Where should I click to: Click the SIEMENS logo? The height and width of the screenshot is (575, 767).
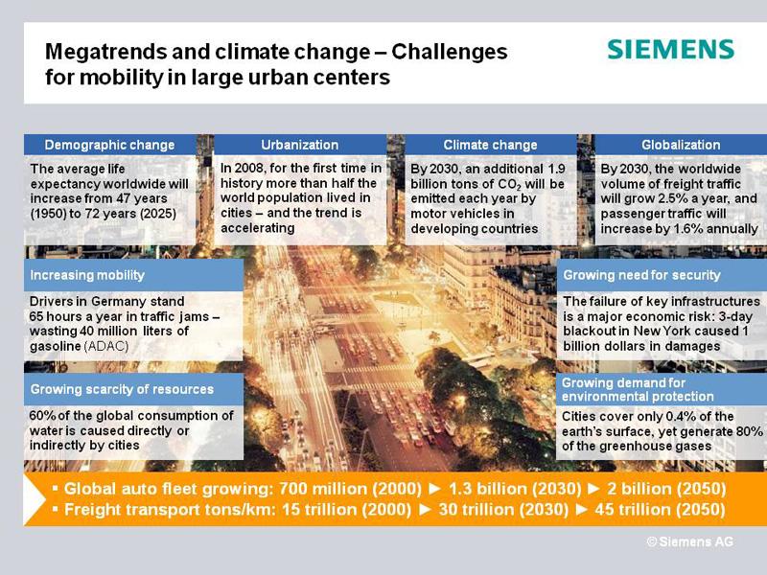coord(670,50)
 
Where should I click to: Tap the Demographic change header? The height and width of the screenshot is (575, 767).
coord(109,145)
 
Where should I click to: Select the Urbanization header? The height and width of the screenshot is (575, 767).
coord(300,145)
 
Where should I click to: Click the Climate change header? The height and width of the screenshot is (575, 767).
coord(490,145)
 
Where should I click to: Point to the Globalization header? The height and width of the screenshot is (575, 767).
coord(681,145)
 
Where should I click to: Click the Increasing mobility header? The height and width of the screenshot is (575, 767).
coord(87,275)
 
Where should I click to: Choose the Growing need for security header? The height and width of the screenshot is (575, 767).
coord(641,275)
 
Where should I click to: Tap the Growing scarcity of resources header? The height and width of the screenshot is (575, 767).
coord(122,389)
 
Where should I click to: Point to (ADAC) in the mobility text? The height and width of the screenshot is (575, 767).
coord(106,346)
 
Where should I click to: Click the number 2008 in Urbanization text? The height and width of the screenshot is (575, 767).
coord(250,169)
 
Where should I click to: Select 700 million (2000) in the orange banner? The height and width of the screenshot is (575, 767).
coord(350,489)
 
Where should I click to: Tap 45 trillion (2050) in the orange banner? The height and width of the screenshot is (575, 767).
coord(660,510)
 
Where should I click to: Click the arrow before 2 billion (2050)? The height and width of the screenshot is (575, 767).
coord(593,489)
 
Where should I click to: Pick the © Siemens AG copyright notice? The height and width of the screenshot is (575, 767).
coord(689,541)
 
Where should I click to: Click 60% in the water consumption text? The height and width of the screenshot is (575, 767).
coord(42,416)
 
